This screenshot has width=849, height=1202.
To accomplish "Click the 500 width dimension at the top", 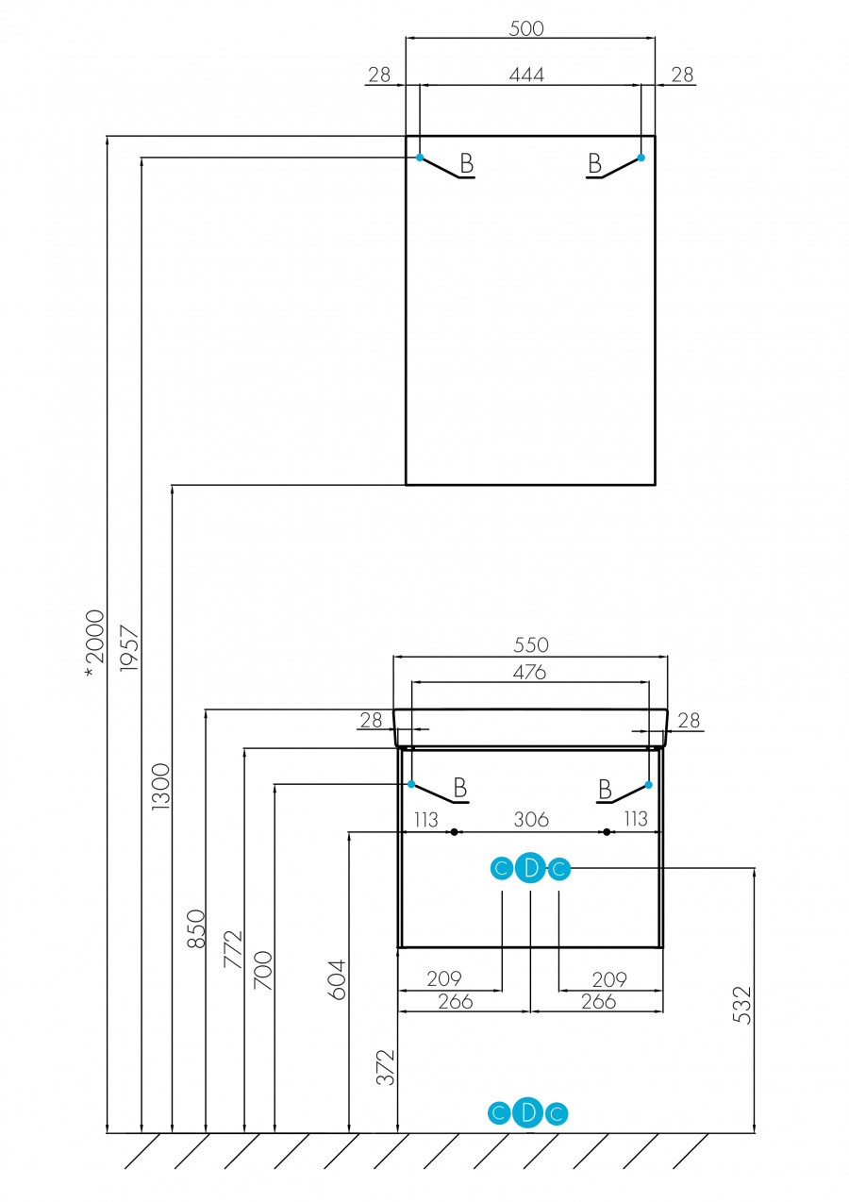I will pyautogui.click(x=526, y=28).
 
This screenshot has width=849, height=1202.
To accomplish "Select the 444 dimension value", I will pyautogui.click(x=526, y=75).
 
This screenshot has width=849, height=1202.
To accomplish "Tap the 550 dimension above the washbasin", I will pyautogui.click(x=530, y=645).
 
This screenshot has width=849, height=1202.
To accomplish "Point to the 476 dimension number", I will pyautogui.click(x=529, y=672).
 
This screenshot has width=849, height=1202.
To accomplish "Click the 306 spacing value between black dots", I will pyautogui.click(x=531, y=819).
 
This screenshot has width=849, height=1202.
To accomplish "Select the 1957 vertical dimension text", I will pyautogui.click(x=128, y=648).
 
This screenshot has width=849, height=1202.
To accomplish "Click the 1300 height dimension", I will pyautogui.click(x=160, y=787).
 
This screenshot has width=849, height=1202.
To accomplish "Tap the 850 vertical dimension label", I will pyautogui.click(x=195, y=928).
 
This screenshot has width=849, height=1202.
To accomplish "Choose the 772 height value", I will pyautogui.click(x=232, y=949).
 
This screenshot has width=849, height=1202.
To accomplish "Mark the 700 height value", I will pyautogui.click(x=263, y=970).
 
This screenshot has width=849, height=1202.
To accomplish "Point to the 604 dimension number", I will pyautogui.click(x=338, y=979).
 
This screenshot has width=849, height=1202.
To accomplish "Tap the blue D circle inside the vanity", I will pyautogui.click(x=530, y=869).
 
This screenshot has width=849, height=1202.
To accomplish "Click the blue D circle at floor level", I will pyautogui.click(x=528, y=1113).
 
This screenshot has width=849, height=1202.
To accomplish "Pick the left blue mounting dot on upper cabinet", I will pyautogui.click(x=420, y=158).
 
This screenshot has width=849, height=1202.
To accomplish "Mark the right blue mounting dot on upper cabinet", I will pyautogui.click(x=641, y=158).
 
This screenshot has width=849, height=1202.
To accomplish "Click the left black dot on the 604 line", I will pyautogui.click(x=454, y=832).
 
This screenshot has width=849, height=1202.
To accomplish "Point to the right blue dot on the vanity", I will pyautogui.click(x=649, y=784).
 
